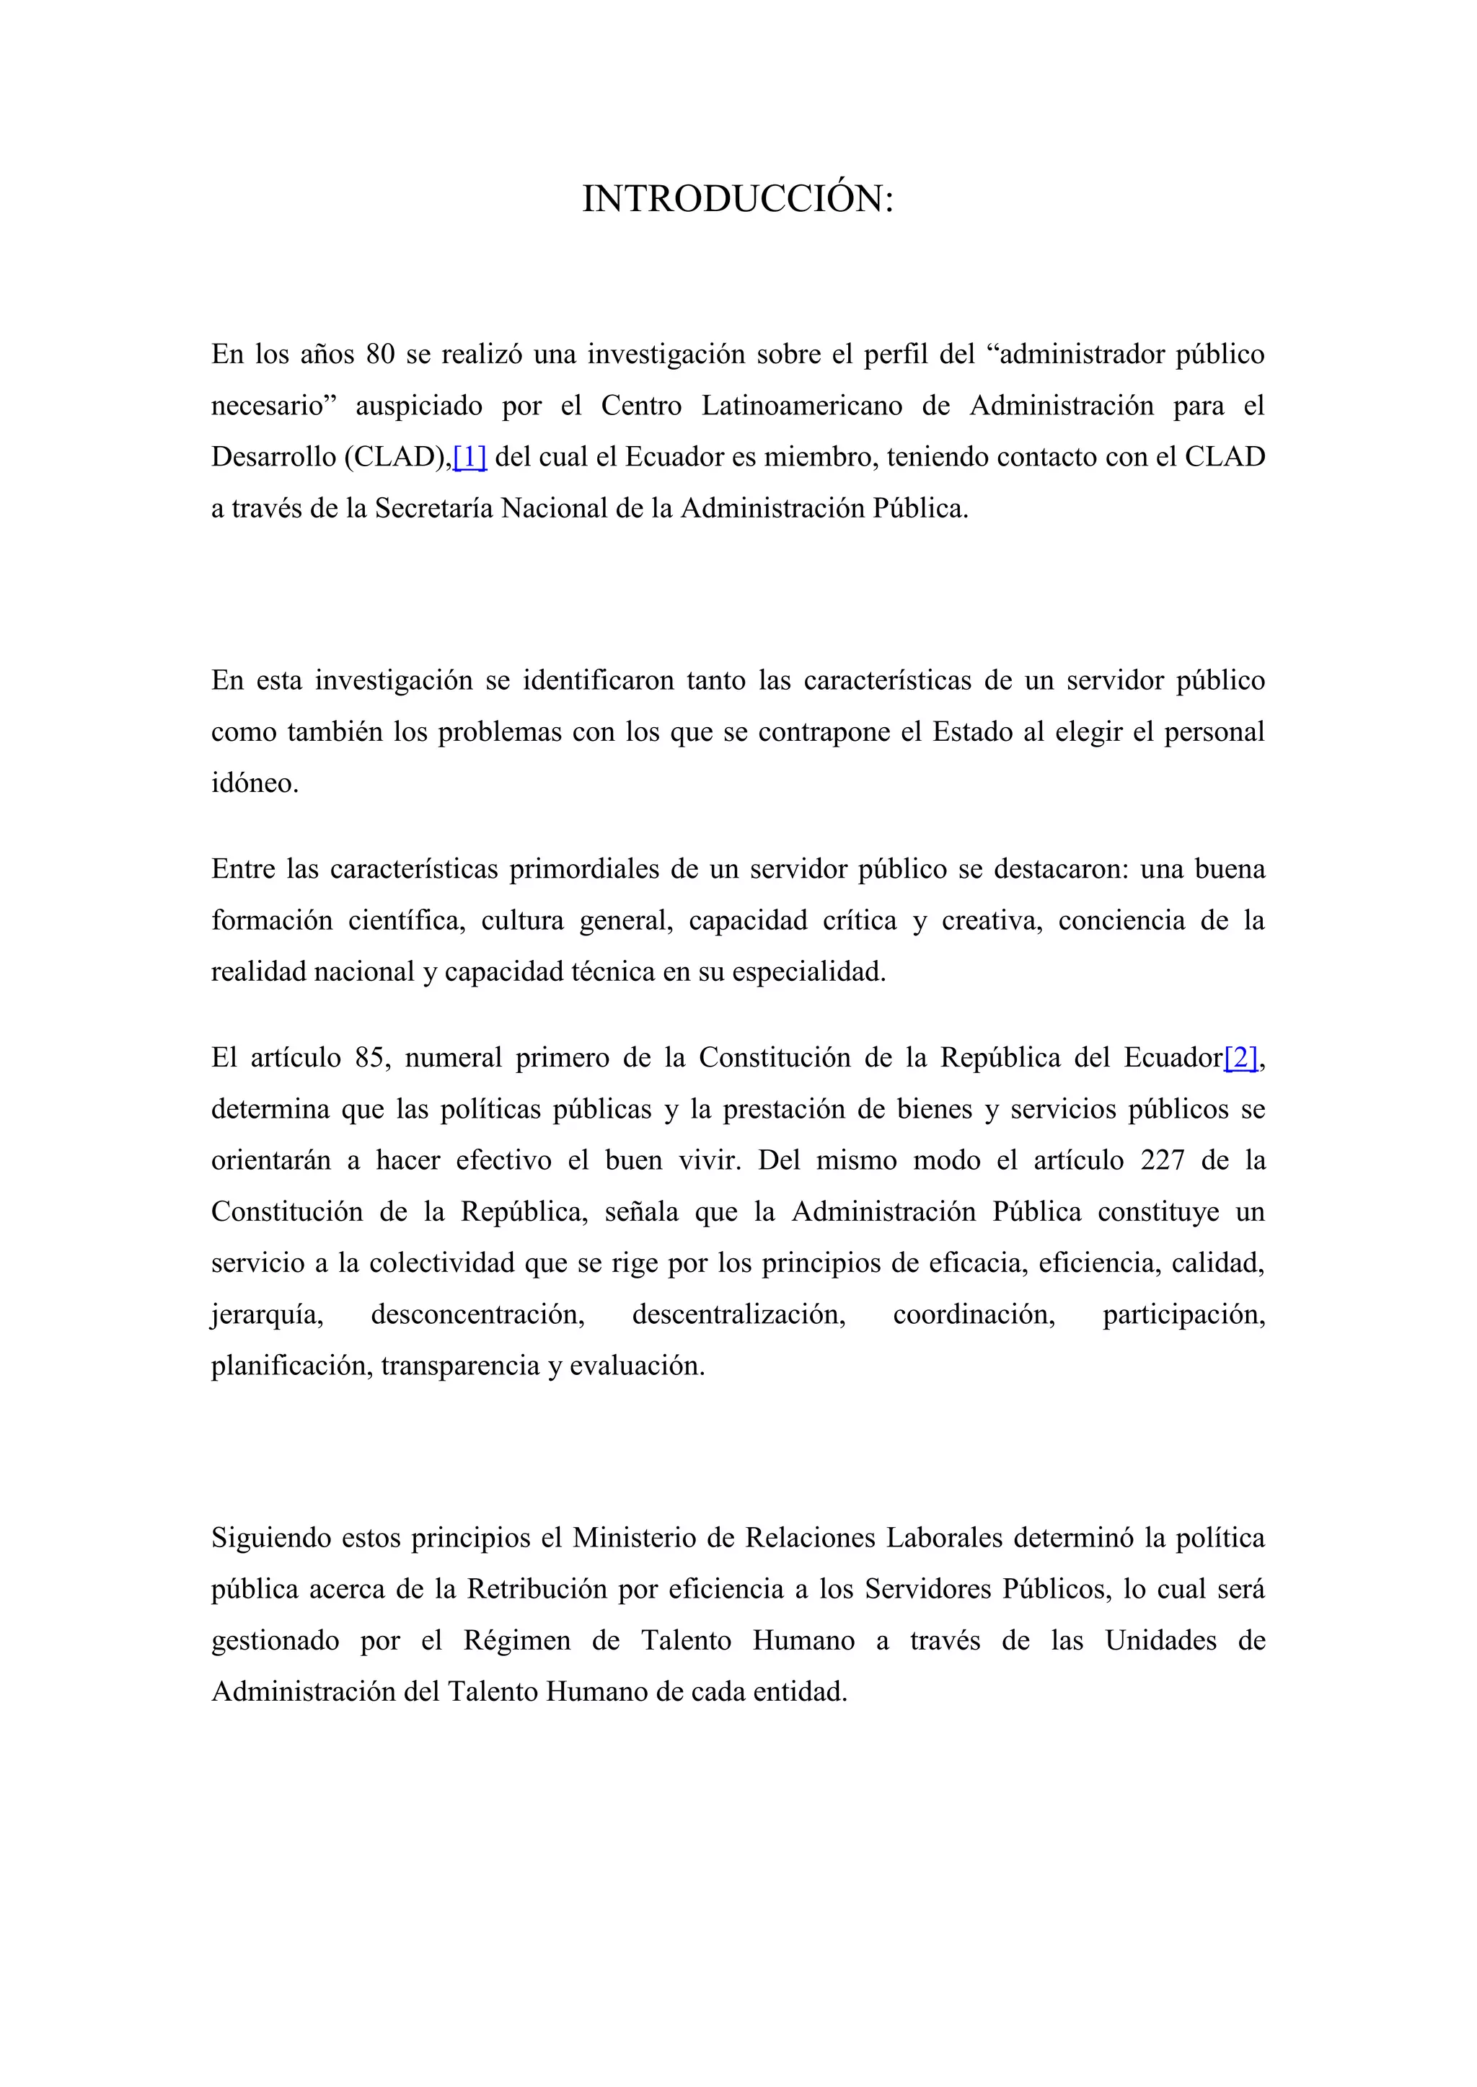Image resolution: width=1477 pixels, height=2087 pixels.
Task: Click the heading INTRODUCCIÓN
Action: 738,199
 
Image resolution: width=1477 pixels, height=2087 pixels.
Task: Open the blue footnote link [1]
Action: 469,456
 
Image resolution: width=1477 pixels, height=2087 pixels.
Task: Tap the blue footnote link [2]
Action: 1240,1058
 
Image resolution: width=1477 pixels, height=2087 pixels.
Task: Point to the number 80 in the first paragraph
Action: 380,354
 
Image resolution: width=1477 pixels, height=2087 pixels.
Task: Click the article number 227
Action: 1163,1161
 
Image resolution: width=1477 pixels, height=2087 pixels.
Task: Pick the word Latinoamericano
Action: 801,406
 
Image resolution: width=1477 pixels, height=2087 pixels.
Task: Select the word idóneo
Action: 255,783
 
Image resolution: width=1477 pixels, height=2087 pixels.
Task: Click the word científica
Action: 407,921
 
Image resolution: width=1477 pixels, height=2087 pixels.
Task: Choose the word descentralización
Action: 738,1314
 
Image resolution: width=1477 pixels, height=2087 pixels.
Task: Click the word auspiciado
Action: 418,406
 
